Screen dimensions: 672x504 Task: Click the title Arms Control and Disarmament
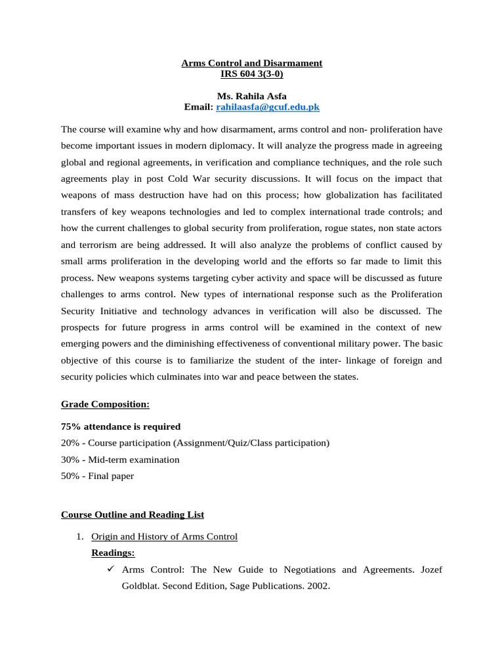pyautogui.click(x=252, y=63)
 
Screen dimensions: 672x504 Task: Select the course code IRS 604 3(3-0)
pyautogui.click(x=252, y=73)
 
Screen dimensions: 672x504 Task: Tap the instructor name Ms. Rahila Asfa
pyautogui.click(x=252, y=96)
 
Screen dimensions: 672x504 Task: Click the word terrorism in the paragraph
pyautogui.click(x=98, y=245)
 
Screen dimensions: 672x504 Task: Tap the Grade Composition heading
pyautogui.click(x=105, y=404)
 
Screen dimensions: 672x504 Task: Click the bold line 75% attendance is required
pyautogui.click(x=121, y=426)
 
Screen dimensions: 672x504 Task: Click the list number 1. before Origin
pyautogui.click(x=79, y=537)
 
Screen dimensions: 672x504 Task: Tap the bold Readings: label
pyautogui.click(x=113, y=553)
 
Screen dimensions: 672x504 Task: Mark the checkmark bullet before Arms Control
pyautogui.click(x=111, y=570)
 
